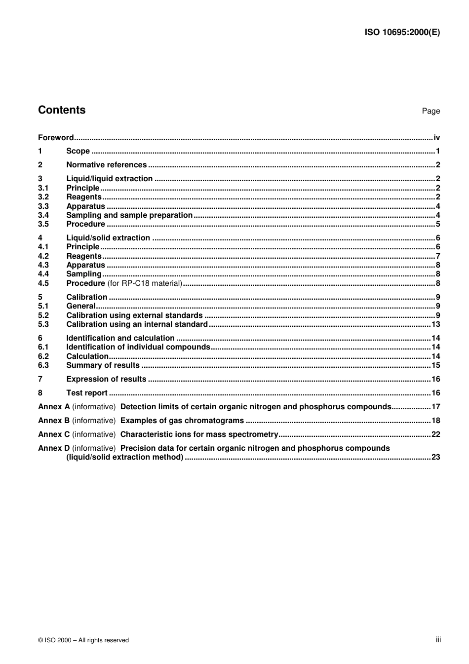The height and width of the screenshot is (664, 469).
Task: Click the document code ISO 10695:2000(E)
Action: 402,33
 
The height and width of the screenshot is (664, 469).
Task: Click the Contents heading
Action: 62,110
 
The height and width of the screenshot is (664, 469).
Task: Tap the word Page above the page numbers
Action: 430,111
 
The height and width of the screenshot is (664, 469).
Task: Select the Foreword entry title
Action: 56,138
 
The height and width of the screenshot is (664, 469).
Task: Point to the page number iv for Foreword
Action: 436,138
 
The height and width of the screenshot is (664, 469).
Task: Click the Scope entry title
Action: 78,151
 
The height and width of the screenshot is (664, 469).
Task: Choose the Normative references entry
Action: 106,165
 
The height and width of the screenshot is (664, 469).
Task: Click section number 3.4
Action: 43,215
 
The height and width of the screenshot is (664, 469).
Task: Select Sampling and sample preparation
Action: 129,215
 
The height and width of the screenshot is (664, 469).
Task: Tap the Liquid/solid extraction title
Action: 108,238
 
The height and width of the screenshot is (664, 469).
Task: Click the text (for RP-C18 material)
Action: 145,283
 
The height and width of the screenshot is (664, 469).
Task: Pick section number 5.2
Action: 43,315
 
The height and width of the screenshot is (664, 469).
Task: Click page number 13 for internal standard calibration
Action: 435,324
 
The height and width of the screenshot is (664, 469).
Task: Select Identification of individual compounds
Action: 138,347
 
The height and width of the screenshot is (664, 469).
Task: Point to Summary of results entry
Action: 103,365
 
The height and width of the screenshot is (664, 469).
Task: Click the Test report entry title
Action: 87,393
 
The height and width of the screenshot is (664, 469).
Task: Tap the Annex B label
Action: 54,421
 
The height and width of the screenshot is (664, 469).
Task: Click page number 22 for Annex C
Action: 435,434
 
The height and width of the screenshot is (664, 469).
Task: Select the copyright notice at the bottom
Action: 83,640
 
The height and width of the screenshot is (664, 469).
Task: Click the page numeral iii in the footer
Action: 438,640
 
